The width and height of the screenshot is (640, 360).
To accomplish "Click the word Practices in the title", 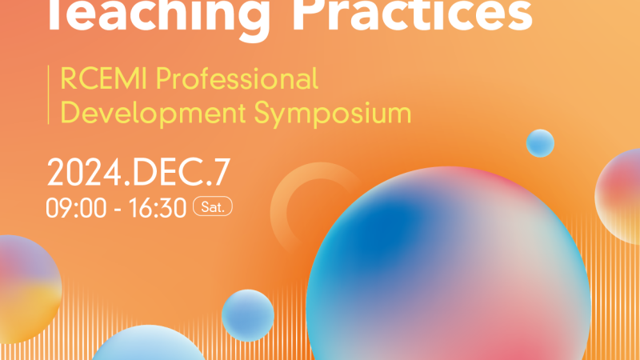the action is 413,16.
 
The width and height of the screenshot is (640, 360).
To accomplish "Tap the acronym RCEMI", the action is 103,78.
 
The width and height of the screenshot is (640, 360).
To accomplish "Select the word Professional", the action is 237,78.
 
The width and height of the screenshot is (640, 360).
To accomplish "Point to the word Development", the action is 153,113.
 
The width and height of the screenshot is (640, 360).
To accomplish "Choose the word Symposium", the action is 333,113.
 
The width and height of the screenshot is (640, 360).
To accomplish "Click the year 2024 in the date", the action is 84,172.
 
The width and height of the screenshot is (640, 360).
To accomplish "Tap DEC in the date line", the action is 168,172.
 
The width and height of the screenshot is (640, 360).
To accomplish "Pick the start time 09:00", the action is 76,208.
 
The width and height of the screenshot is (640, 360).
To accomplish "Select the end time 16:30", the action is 158,208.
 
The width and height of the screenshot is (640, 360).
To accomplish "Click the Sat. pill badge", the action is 213,206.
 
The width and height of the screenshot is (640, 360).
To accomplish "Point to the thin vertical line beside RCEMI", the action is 49,94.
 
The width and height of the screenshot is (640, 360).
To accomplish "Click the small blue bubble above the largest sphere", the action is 540,143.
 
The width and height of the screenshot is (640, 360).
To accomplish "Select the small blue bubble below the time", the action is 248,315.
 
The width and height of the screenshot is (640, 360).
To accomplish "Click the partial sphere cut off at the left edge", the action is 29,289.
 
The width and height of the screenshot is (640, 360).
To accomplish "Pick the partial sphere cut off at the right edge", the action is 618,197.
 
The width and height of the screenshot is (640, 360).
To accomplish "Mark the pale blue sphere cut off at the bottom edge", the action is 149,343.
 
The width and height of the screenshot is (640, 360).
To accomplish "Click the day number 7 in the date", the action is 223,172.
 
